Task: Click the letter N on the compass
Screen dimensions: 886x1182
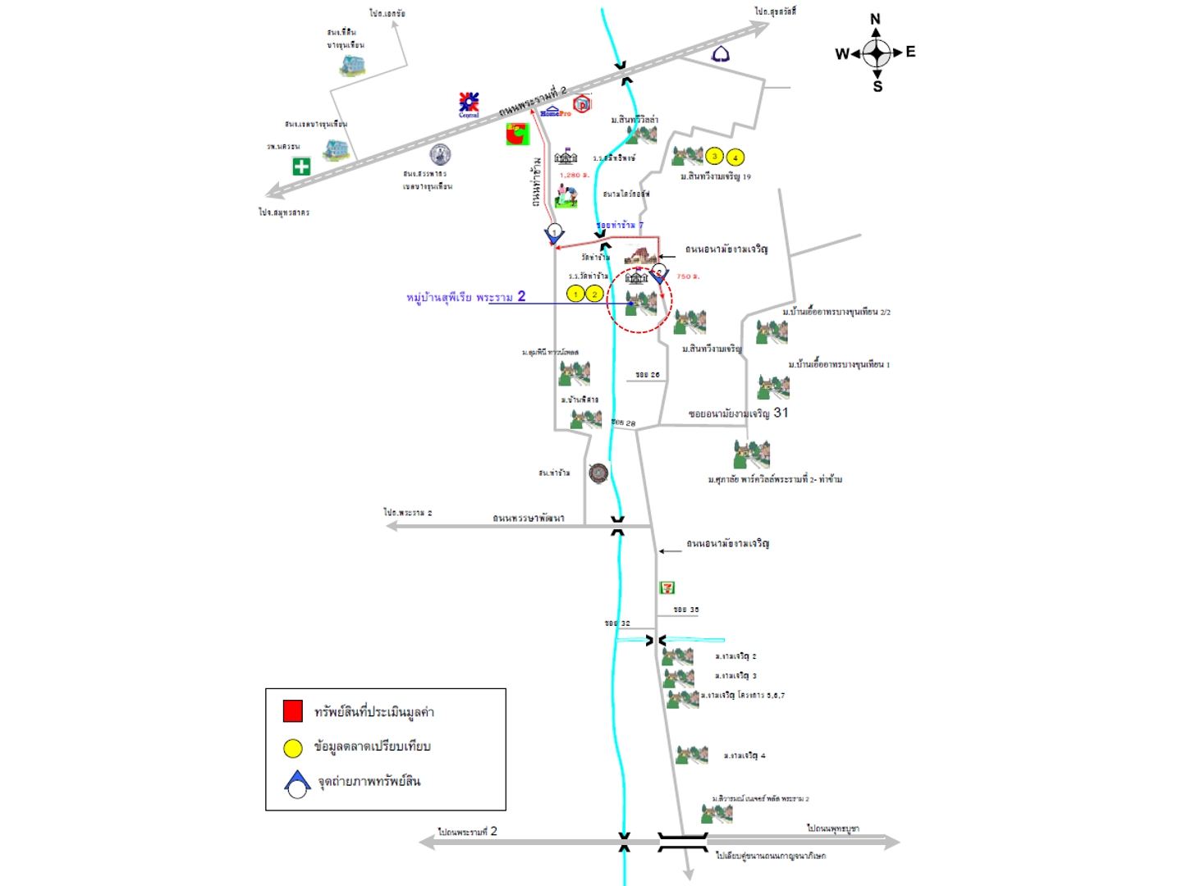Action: tap(875, 19)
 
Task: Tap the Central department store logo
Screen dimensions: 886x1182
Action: tap(469, 104)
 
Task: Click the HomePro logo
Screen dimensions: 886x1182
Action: tap(556, 112)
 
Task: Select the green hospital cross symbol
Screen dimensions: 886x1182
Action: tap(301, 167)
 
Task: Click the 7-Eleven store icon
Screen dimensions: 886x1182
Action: tap(667, 587)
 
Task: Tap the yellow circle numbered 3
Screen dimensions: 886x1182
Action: tap(714, 157)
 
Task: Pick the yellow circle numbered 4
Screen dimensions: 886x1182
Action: tap(735, 158)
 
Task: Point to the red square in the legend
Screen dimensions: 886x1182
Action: tap(292, 710)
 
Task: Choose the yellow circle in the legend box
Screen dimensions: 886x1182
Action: tap(292, 747)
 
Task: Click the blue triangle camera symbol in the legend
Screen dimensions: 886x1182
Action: tap(297, 783)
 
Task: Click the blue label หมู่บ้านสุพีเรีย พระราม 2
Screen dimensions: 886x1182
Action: tap(465, 297)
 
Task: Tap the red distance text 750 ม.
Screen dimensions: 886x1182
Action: tap(688, 276)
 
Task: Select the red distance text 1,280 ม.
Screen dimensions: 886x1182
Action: tap(575, 175)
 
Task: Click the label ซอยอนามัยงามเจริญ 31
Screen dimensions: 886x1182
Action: tap(738, 413)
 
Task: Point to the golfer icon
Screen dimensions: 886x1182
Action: tap(566, 195)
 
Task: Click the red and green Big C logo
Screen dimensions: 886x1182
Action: tap(517, 133)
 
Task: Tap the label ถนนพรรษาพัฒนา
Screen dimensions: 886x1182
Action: tap(528, 518)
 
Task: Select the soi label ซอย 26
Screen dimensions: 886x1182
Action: tap(648, 375)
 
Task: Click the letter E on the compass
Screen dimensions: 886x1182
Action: tap(910, 52)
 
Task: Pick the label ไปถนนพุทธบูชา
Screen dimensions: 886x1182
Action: tap(832, 829)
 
